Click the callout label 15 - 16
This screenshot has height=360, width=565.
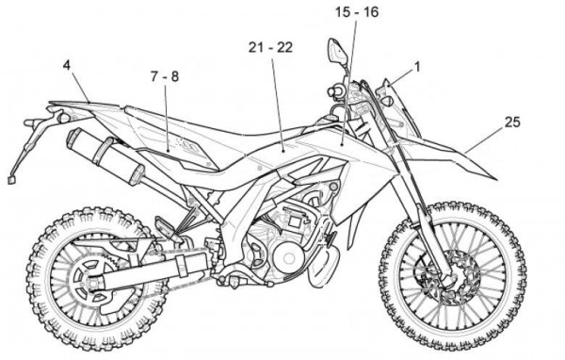coord(355,12)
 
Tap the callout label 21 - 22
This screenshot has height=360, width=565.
coord(271,46)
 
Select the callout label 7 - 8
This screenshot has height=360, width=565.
coord(164,74)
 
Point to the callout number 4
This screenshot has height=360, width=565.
coord(67,65)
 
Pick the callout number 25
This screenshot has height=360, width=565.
coord(511,122)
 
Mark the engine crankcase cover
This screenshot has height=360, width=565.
coord(283,254)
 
